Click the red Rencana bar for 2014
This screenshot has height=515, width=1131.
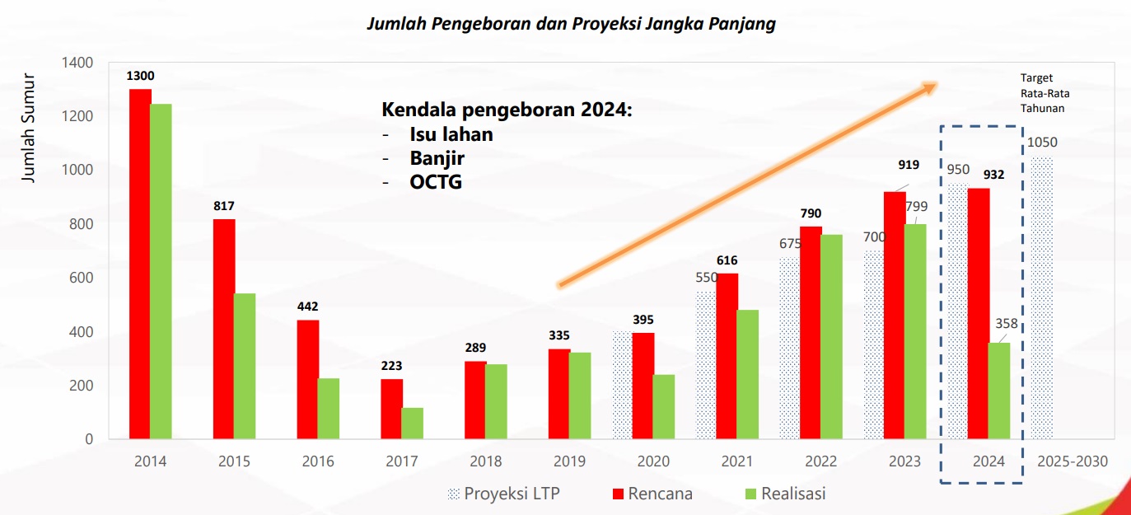click(140, 264)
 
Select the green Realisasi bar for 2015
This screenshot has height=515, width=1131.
click(244, 366)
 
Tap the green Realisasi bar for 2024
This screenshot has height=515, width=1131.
click(998, 391)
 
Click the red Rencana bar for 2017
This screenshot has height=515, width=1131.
click(391, 409)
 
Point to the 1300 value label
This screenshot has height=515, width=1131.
click(140, 76)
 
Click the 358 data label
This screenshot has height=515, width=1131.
click(1007, 324)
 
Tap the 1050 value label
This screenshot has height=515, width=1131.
click(1042, 143)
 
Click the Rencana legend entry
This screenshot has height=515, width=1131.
click(652, 494)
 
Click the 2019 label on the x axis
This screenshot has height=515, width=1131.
click(569, 461)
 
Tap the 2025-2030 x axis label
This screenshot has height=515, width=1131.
click(1071, 461)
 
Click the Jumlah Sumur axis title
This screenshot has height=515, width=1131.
click(29, 128)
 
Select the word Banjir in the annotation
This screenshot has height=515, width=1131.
click(437, 158)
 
